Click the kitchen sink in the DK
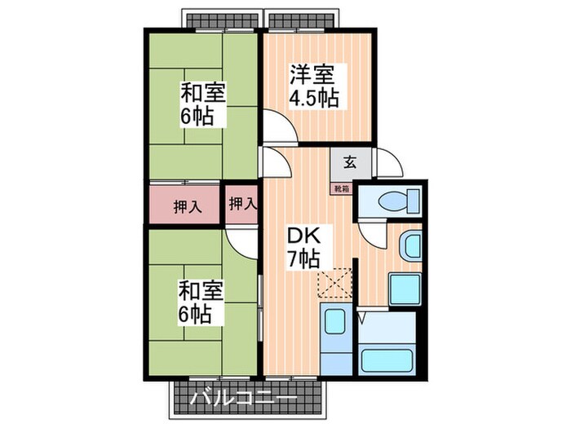(x=334, y=321)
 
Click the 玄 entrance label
(x=349, y=162)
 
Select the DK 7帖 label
(x=303, y=248)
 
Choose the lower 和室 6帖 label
(x=197, y=301)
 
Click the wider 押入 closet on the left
(x=184, y=206)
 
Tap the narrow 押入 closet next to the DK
(x=242, y=205)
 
